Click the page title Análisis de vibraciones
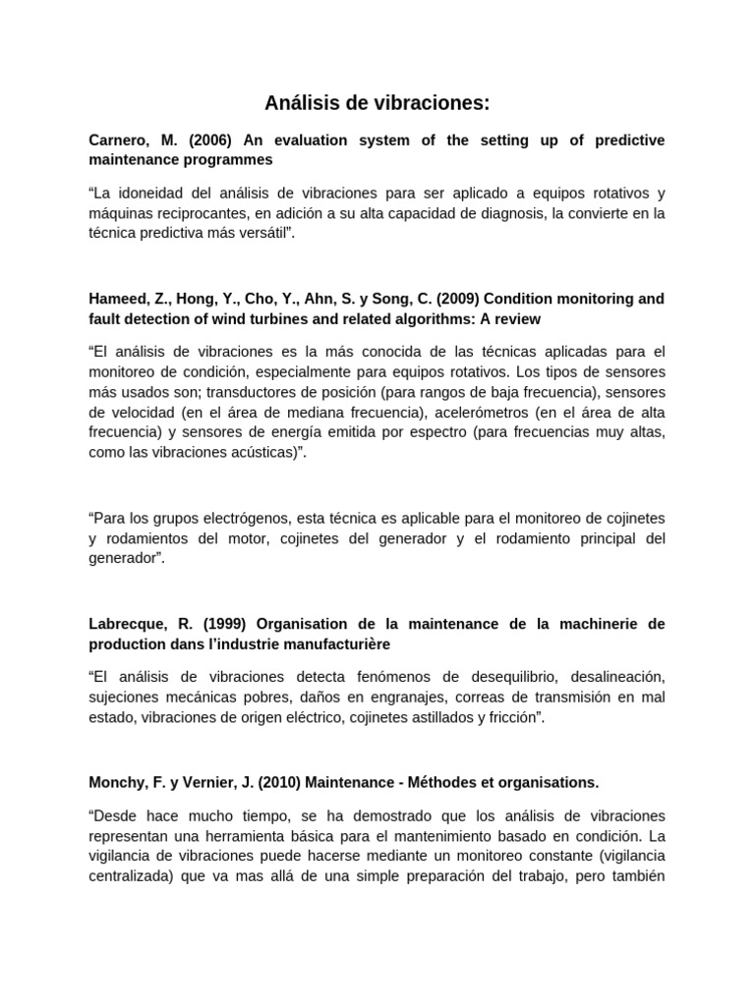[377, 103]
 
